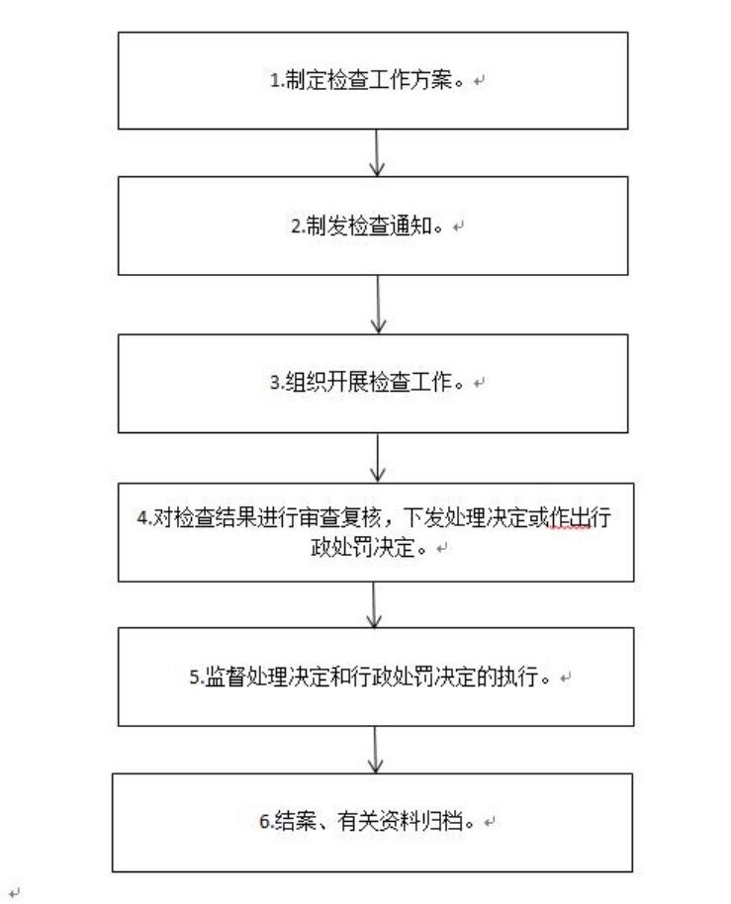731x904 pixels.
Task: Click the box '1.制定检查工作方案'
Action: [x=373, y=80]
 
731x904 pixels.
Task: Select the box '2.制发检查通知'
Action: [x=373, y=226]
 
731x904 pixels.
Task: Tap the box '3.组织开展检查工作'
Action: [x=373, y=383]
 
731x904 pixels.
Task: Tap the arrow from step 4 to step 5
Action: [x=374, y=605]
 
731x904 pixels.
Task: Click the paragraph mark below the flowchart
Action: [x=14, y=891]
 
